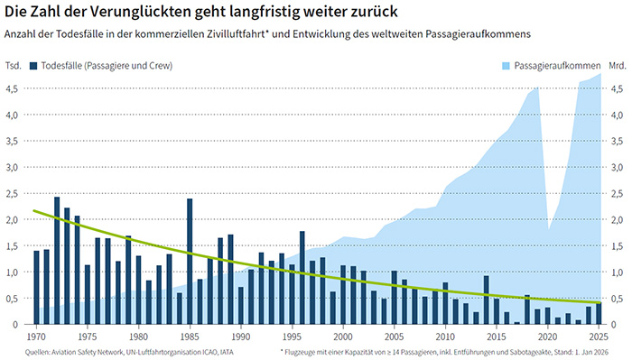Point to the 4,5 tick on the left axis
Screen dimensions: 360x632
tap(12, 88)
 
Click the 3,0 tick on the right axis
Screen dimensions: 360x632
tap(616, 167)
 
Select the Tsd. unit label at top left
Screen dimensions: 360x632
tap(13, 66)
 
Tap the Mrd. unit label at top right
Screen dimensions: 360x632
tap(617, 66)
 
